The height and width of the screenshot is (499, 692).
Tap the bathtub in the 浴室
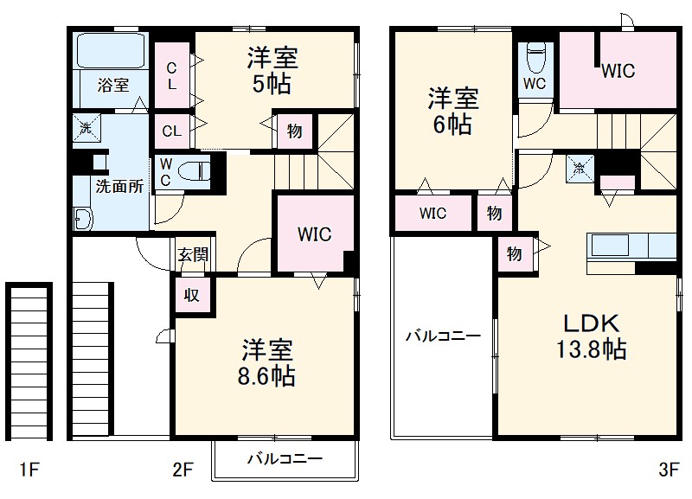coord(113,51)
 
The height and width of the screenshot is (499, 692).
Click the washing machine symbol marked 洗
coord(86,127)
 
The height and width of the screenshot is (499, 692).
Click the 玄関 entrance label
coord(193,255)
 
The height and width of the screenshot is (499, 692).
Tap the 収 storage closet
coord(191,294)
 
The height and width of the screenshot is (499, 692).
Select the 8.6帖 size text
coord(268,376)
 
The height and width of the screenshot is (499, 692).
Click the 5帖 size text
coord(272,85)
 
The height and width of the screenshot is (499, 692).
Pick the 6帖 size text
coord(452,125)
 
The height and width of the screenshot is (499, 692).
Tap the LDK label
coord(592,323)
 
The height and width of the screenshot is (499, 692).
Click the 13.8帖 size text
coord(592,350)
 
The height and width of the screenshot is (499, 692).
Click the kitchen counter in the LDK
coord(631,246)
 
